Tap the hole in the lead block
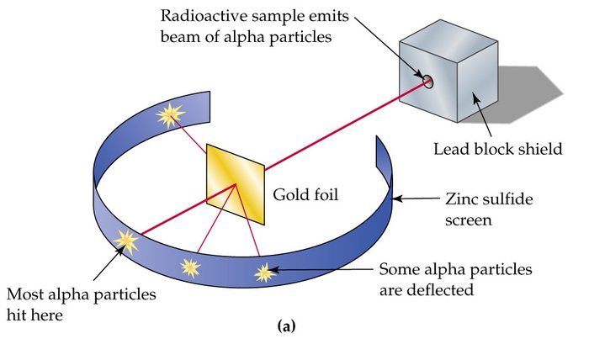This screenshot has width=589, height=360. [427, 81]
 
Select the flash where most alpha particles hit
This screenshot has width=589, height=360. [127, 241]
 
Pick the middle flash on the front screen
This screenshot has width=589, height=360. [190, 267]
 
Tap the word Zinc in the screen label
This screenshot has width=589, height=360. [460, 201]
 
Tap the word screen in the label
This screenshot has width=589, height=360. [465, 221]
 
